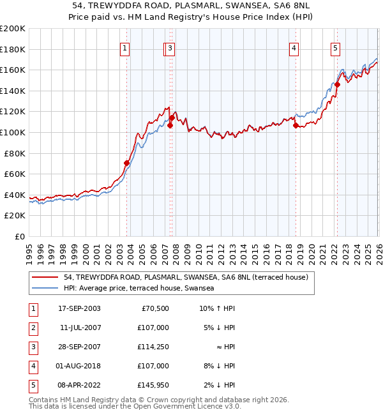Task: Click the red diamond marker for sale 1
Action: pos(126,163)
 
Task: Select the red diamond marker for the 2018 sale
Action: pos(296,125)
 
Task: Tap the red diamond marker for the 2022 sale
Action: pos(337,85)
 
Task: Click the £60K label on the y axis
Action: pos(15,174)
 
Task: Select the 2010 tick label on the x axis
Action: pos(199,254)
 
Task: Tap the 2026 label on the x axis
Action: pos(379,254)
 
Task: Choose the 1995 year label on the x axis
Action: pos(29,254)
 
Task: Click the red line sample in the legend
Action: pos(45,277)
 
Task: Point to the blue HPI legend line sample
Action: pos(45,288)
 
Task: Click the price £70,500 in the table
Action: pos(155,308)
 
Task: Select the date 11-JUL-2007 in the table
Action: pos(80,328)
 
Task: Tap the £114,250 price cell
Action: pos(153,347)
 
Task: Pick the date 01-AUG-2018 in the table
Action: pos(78,366)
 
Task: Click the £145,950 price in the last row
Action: pos(153,385)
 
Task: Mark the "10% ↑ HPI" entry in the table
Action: pos(217,308)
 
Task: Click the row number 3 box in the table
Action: pos(33,348)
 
